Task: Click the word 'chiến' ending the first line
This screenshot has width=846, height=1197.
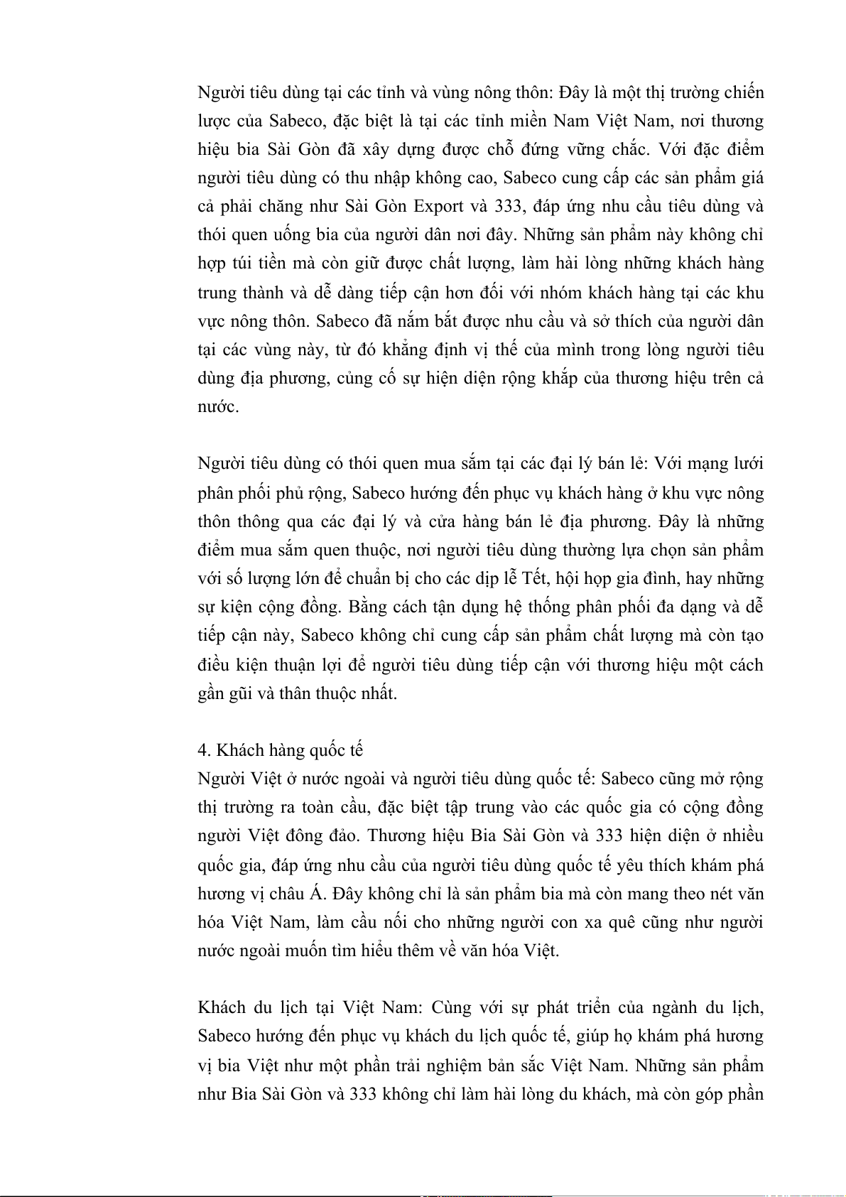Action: (744, 93)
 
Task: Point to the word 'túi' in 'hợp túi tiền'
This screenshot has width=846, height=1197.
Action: (243, 264)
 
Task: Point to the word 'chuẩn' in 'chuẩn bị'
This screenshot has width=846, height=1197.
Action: (363, 578)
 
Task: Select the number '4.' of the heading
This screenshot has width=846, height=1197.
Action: (204, 750)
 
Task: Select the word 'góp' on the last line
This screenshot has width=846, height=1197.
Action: (712, 1094)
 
